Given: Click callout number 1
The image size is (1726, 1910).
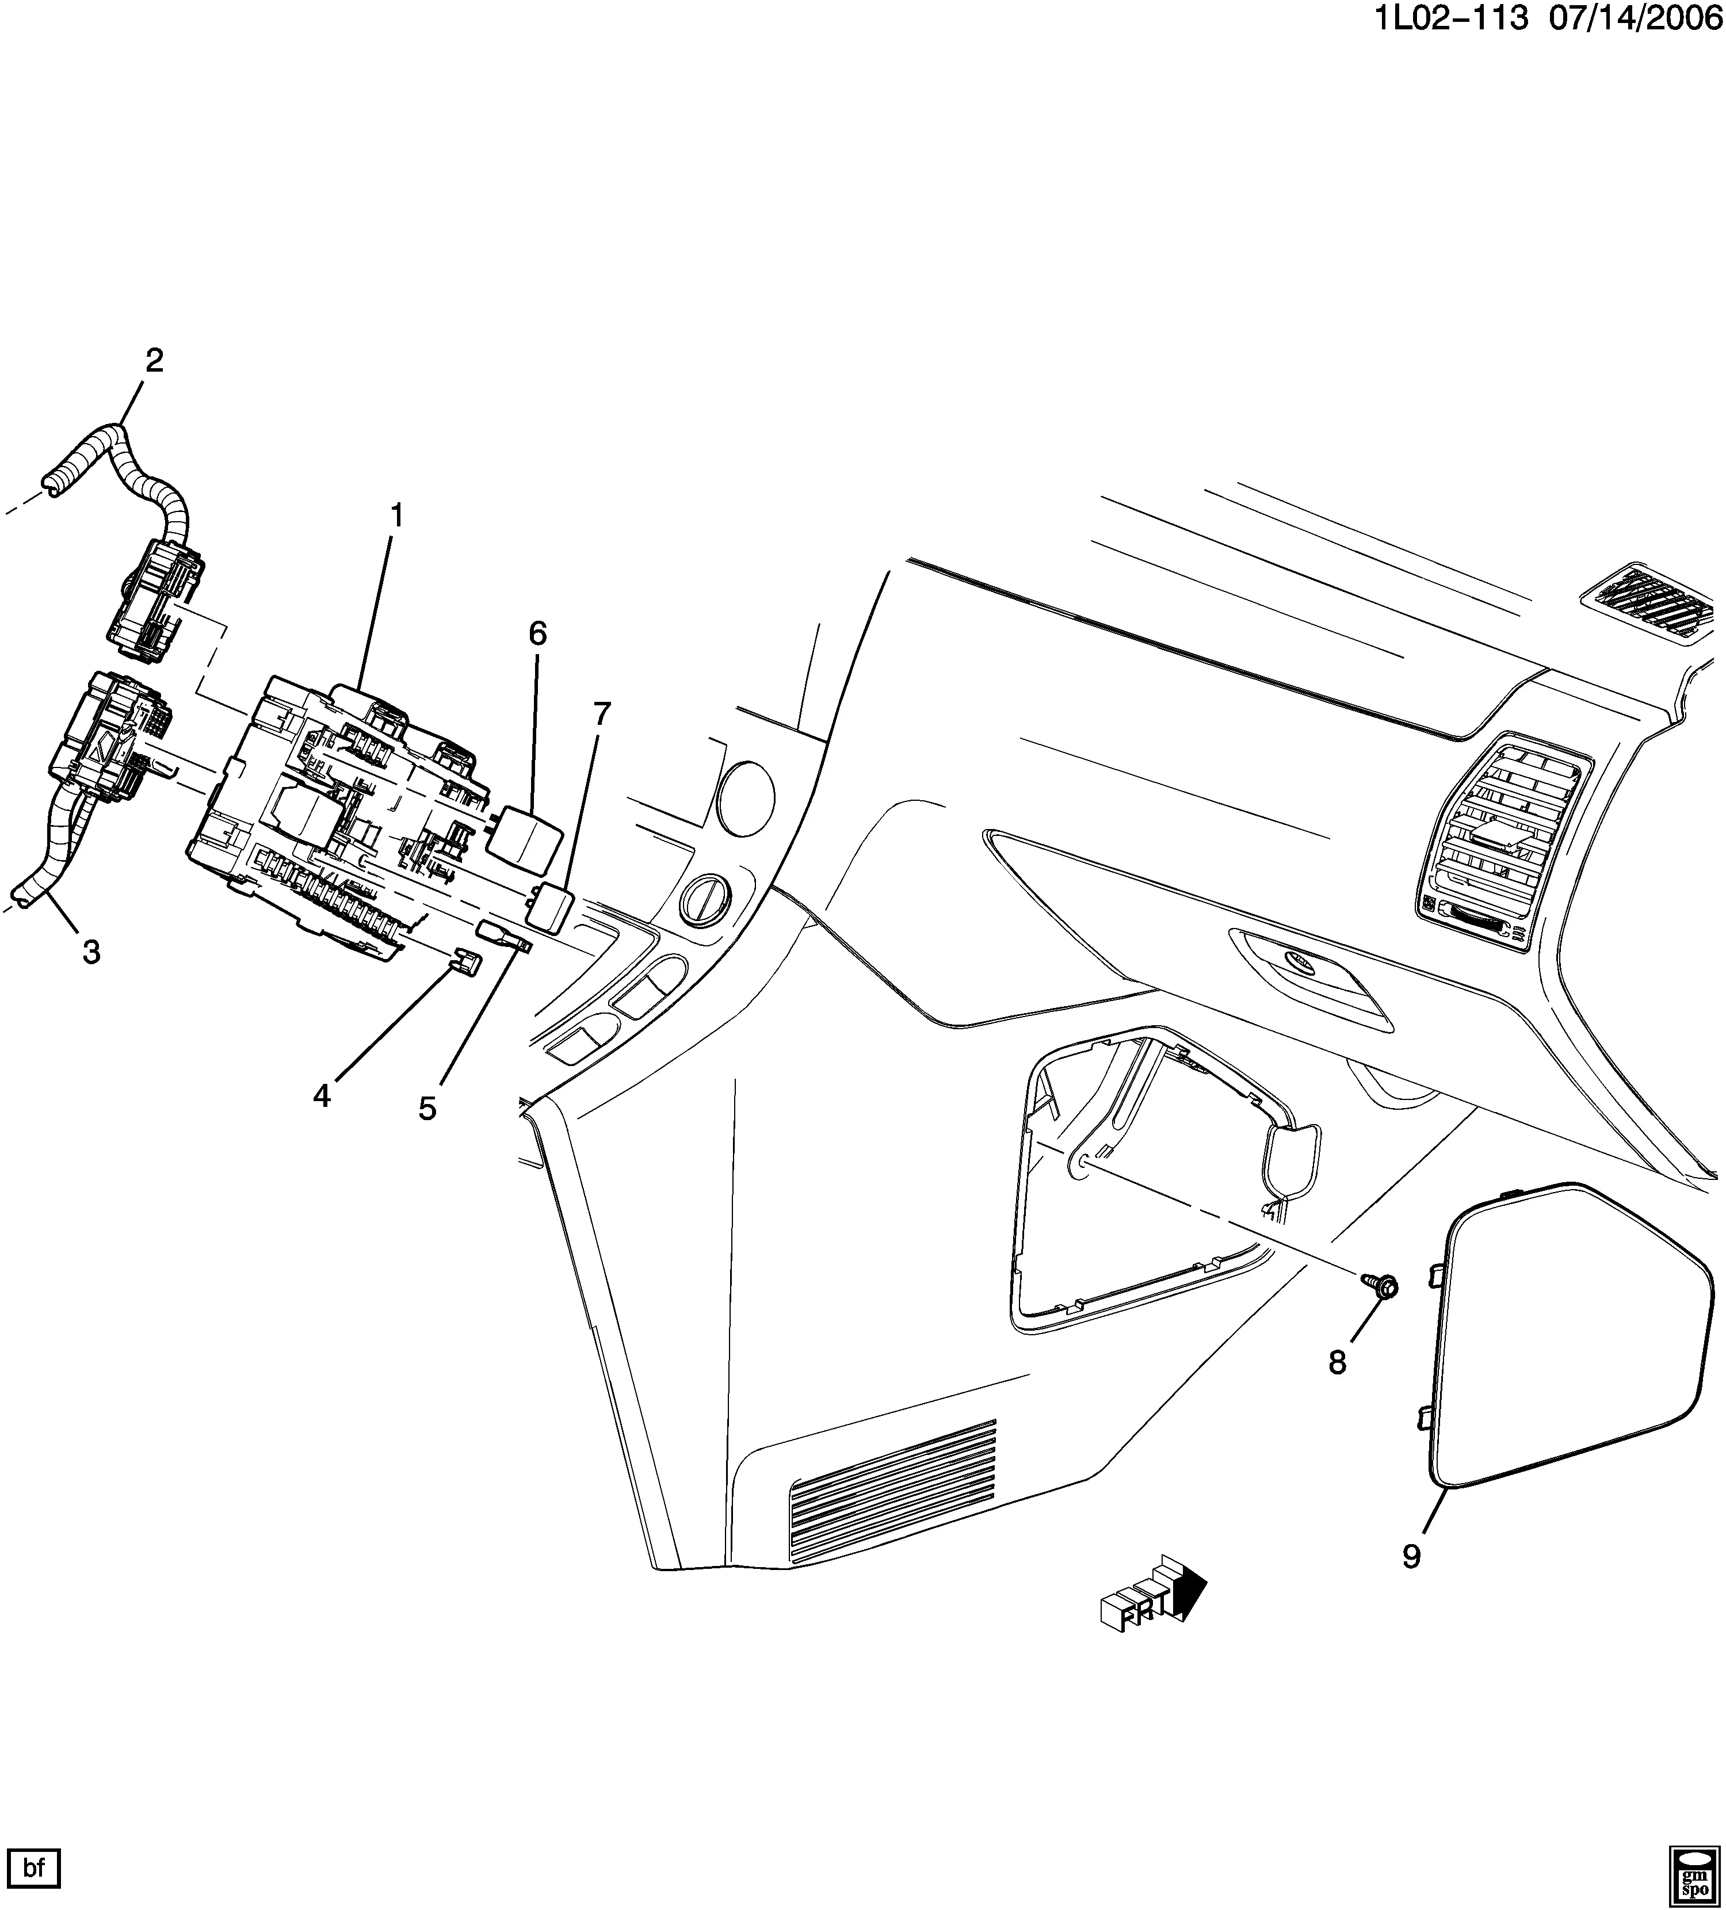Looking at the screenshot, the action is (x=397, y=517).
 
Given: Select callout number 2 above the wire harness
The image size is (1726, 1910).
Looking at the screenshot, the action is (x=154, y=360).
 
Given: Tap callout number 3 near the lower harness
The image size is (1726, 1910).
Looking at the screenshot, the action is (x=91, y=952).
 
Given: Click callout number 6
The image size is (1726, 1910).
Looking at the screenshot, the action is (x=537, y=633).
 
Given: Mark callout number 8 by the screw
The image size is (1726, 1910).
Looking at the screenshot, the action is (x=1336, y=1363).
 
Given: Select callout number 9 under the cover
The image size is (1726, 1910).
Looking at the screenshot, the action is (x=1411, y=1557).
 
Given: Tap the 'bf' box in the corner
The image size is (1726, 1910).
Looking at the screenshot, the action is (x=34, y=1869).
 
